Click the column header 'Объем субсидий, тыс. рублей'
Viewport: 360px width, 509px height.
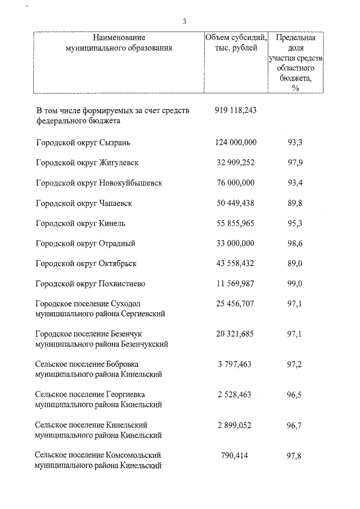[235, 43]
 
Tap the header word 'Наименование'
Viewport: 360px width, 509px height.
[119, 38]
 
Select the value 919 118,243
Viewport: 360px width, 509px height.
[235, 111]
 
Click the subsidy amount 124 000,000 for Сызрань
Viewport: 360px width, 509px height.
[235, 142]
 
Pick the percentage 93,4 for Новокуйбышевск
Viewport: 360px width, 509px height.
[295, 183]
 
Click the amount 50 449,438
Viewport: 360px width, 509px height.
[235, 203]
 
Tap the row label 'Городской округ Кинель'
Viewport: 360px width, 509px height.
[80, 223]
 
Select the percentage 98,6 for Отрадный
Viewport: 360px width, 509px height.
[295, 244]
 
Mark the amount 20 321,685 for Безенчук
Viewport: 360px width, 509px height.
[235, 334]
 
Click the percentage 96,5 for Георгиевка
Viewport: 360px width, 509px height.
[295, 395]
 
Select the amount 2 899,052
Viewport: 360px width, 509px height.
[235, 425]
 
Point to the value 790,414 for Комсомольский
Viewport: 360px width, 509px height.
[235, 456]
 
